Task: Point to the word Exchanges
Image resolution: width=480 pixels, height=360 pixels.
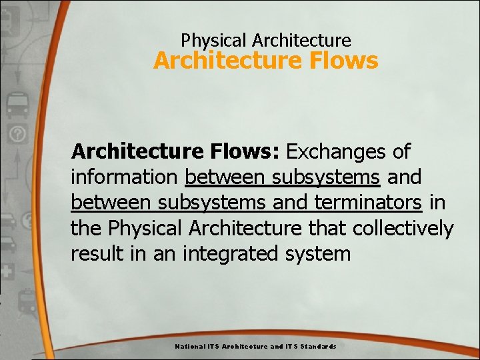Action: tap(336, 152)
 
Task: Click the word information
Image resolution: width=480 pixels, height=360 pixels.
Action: tap(125, 177)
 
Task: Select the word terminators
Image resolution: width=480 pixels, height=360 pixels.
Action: tap(369, 203)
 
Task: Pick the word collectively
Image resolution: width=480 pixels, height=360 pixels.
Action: tap(403, 228)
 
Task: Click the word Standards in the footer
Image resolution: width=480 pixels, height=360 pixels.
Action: tap(319, 347)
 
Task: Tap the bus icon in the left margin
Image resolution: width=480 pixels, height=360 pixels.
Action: tap(16, 105)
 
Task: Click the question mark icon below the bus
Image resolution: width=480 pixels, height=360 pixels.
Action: tap(16, 134)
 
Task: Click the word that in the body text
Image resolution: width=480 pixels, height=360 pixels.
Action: tap(327, 228)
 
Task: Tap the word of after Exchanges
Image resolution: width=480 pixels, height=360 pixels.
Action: tap(401, 152)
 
